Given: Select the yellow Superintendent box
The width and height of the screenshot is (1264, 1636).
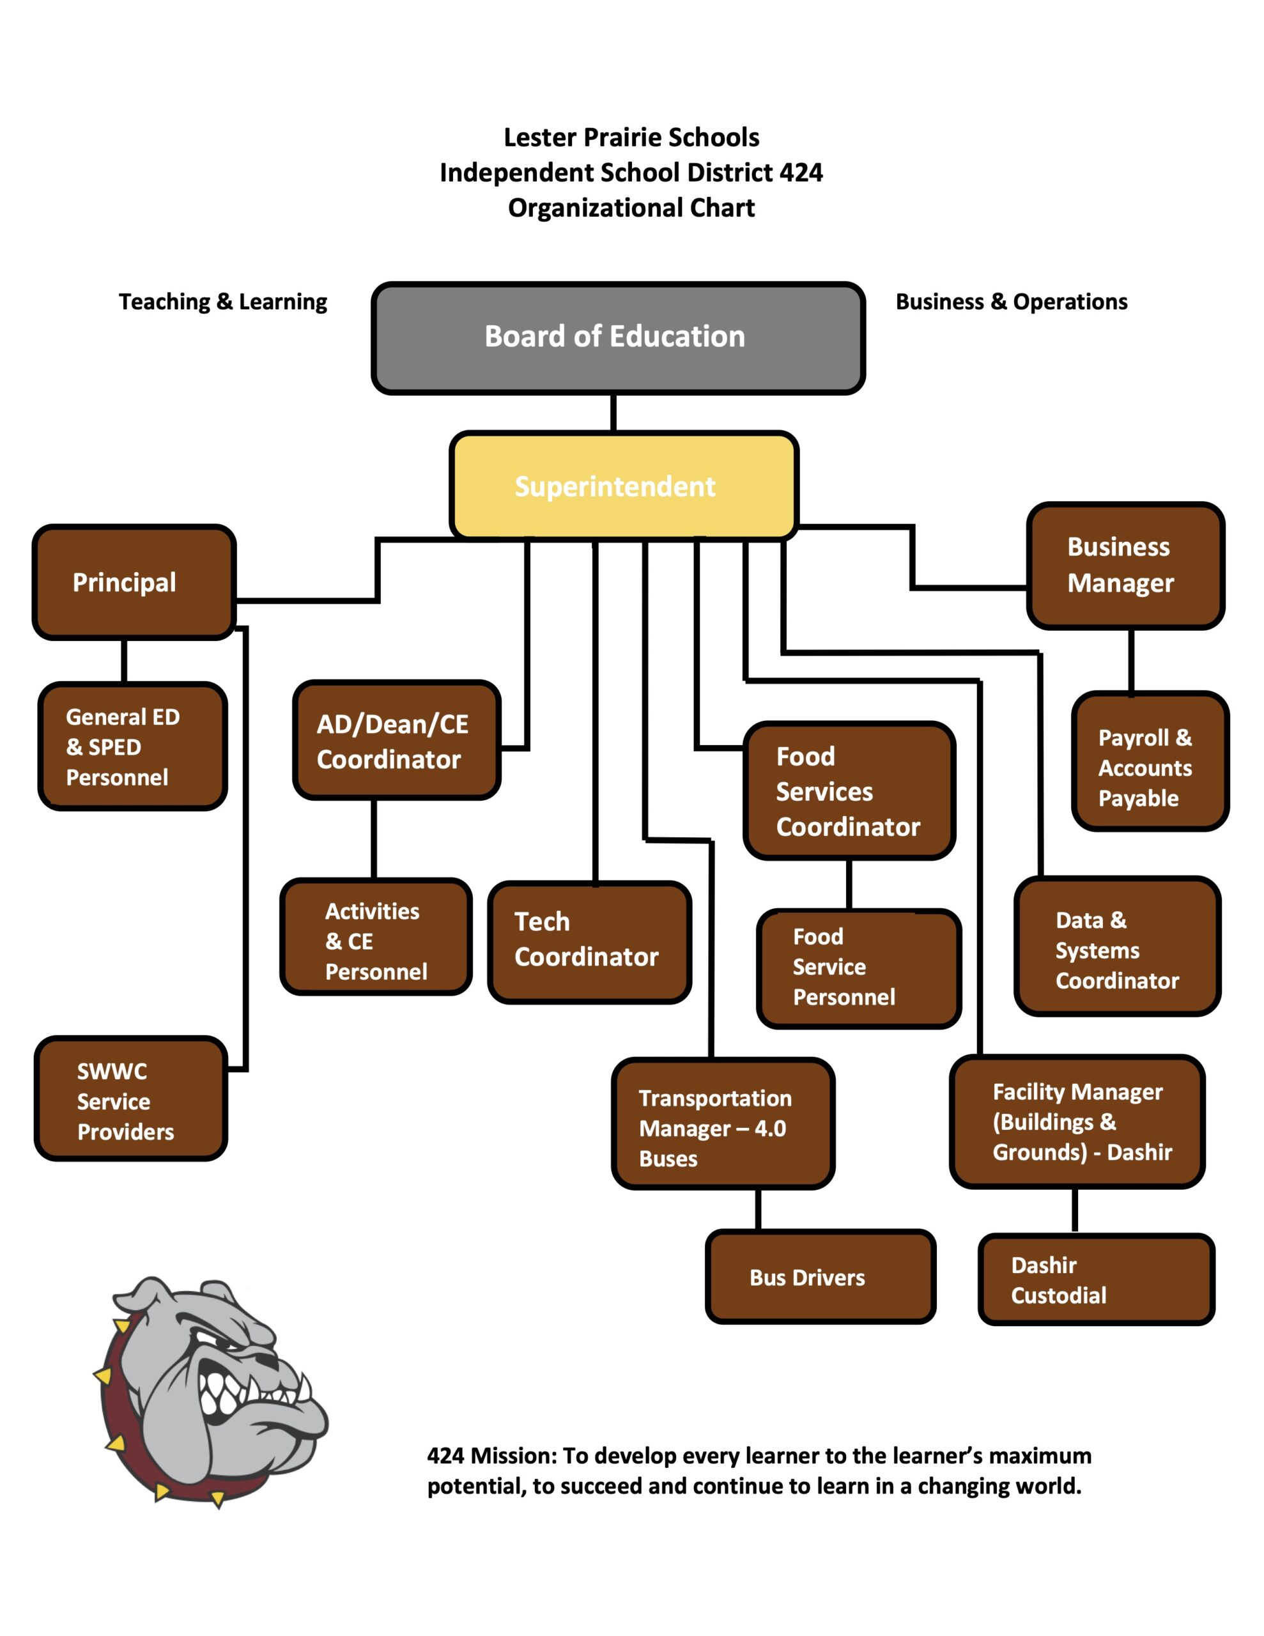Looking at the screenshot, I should coord(624,486).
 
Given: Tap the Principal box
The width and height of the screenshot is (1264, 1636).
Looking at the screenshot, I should coord(134,582).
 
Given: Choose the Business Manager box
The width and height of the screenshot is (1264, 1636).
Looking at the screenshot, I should coord(1125,566).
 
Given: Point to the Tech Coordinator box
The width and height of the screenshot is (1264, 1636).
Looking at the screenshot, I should coord(589,941).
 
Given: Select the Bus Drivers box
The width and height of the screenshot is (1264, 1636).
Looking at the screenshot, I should coord(820,1277).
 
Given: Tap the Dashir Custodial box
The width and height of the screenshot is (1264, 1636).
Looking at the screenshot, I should coord(1095,1280).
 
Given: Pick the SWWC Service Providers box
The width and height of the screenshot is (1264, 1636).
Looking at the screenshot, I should coord(130,1100).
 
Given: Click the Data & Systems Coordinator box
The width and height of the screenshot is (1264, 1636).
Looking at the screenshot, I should coord(1116,946).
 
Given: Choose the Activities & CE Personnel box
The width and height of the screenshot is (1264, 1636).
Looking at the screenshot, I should coord(375,936).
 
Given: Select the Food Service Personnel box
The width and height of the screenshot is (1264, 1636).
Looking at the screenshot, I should coord(858,968).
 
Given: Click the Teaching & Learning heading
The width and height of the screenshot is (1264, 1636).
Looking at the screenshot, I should coord(222,302).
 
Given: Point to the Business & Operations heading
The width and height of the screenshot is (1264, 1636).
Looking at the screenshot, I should coord(1011,302).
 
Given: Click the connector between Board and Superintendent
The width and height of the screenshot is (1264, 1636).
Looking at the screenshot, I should coord(613,412).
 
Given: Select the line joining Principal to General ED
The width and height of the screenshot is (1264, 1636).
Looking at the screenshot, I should coord(125,660).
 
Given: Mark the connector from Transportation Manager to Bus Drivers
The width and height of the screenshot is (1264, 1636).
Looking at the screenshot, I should coord(759,1208).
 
